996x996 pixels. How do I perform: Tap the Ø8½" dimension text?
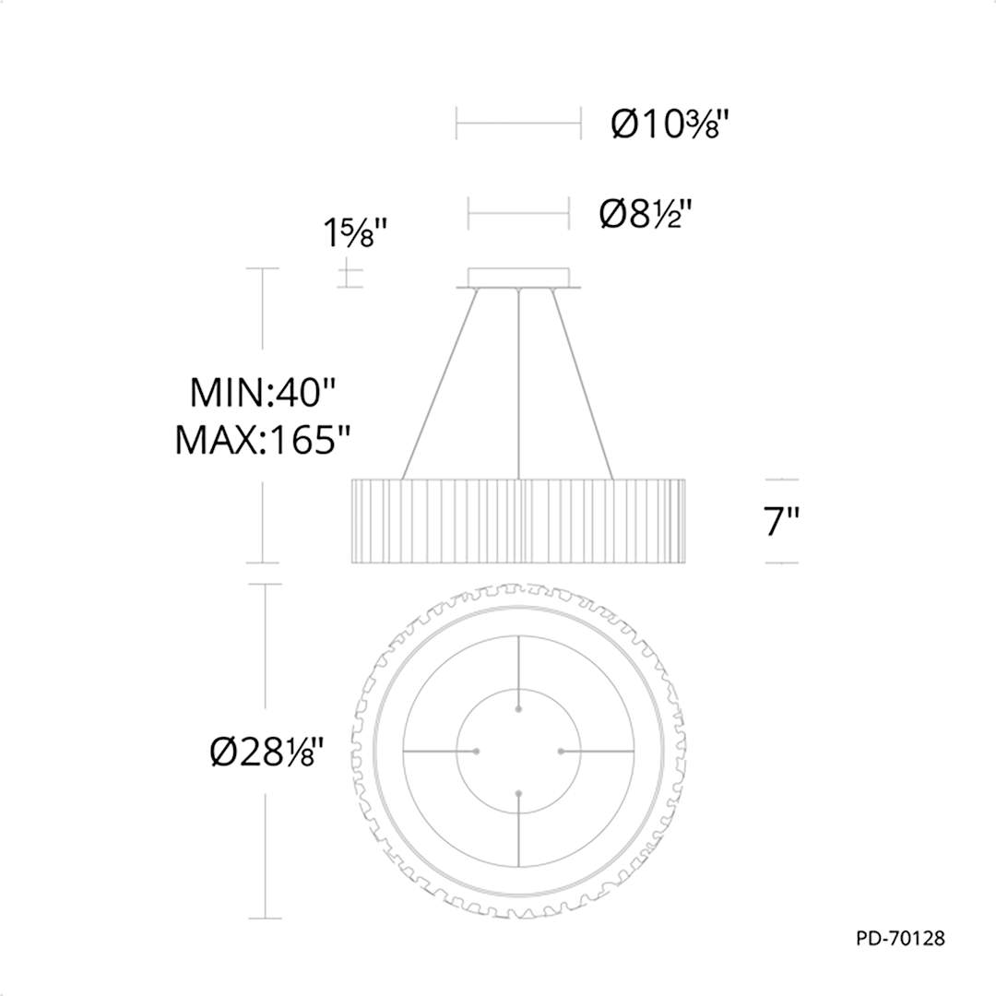pyautogui.click(x=646, y=214)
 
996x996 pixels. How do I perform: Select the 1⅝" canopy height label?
pyautogui.click(x=354, y=235)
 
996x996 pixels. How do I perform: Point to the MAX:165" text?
pyautogui.click(x=265, y=441)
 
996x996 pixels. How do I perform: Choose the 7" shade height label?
pyautogui.click(x=780, y=523)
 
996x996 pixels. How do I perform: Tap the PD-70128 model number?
pyautogui.click(x=900, y=939)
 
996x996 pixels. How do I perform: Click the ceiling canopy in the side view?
pyautogui.click(x=519, y=278)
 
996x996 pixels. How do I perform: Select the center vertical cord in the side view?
pyautogui.click(x=519, y=387)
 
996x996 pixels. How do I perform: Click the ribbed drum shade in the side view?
pyautogui.click(x=519, y=520)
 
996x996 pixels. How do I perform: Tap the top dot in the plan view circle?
pyautogui.click(x=519, y=709)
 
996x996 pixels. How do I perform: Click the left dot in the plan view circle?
pyautogui.click(x=477, y=752)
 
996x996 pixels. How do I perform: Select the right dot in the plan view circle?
pyautogui.click(x=561, y=752)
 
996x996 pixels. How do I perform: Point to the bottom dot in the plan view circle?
pyautogui.click(x=519, y=793)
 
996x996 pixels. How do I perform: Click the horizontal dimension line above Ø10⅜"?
pyautogui.click(x=519, y=122)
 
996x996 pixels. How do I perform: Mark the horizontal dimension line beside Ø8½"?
pyautogui.click(x=519, y=214)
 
